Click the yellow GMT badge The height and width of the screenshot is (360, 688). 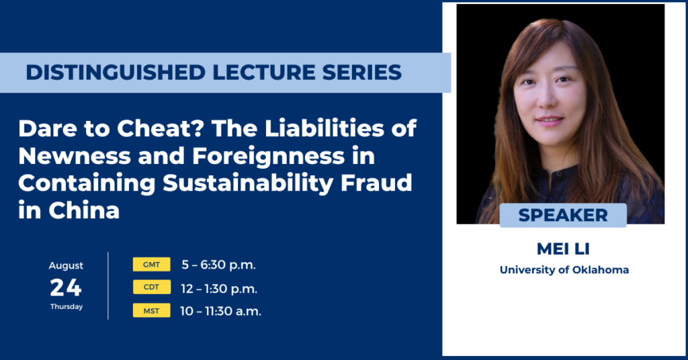tap(152, 265)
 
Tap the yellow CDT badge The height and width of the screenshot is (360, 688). tap(152, 287)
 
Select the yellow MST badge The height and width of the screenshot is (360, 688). tap(152, 310)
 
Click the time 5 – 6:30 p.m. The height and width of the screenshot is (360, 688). tap(218, 265)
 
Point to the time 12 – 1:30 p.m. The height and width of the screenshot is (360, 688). tap(220, 288)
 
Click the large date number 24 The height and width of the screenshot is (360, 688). tap(66, 288)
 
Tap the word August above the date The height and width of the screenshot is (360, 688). tap(66, 266)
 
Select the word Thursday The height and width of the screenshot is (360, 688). tap(66, 307)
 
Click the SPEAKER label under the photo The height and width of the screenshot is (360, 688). tap(563, 216)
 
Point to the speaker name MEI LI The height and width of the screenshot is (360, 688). tap(563, 249)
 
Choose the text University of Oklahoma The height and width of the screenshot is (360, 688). tap(564, 270)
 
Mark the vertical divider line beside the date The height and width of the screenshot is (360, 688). tap(108, 286)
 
